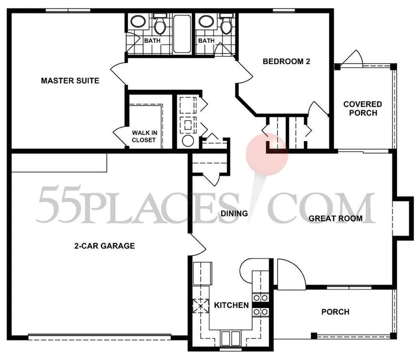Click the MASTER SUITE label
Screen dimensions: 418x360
(x=70, y=81)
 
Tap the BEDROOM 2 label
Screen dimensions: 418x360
(x=287, y=61)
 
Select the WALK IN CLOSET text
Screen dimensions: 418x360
(x=144, y=136)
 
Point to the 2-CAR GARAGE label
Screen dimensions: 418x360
(x=104, y=246)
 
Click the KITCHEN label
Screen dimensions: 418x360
(x=231, y=305)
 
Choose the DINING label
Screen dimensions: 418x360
(x=234, y=213)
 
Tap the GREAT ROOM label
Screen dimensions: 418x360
(x=336, y=218)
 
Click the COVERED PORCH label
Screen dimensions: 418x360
(x=363, y=108)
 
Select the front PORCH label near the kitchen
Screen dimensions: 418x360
(x=335, y=312)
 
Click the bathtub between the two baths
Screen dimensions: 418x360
(x=182, y=34)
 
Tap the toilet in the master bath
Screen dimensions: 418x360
(x=160, y=24)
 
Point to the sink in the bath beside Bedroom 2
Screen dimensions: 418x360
(x=205, y=21)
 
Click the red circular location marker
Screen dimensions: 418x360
(x=267, y=154)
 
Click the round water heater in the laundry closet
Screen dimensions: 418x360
(x=188, y=141)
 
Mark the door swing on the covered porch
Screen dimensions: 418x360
(x=352, y=57)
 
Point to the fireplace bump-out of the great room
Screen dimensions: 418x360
(x=403, y=216)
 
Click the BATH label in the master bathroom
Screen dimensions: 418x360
(x=152, y=40)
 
